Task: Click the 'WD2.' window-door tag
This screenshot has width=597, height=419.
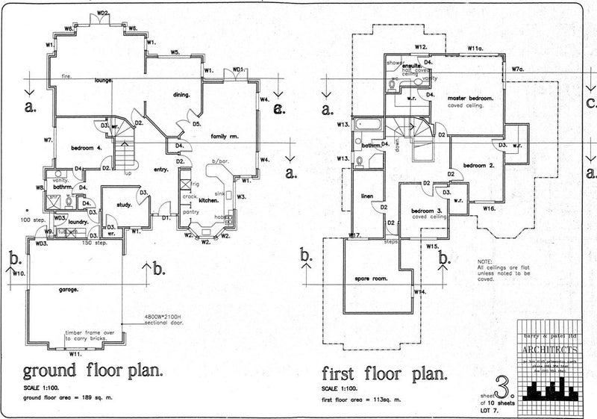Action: tap(103, 13)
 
